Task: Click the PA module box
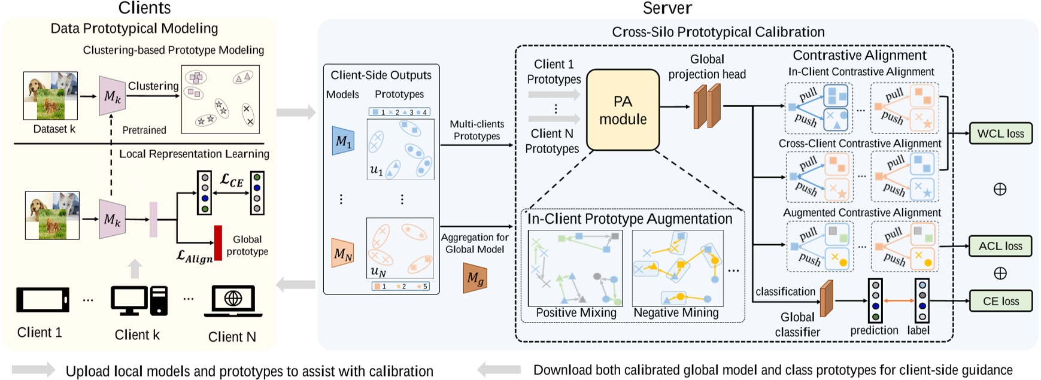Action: coord(623,110)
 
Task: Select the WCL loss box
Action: coord(1000,133)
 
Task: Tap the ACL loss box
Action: coord(1000,246)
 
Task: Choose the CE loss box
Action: coord(1000,301)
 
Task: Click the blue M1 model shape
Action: coord(343,141)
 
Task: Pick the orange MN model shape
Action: coord(342,254)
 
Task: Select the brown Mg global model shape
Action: coord(475,278)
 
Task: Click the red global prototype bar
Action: coord(218,242)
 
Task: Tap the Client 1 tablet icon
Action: coord(42,300)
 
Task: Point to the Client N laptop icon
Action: coord(233,301)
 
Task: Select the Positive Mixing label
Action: coord(576,312)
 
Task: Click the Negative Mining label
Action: coord(676,312)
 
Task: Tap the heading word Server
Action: coord(667,8)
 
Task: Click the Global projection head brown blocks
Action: coord(707,107)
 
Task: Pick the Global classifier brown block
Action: coord(826,298)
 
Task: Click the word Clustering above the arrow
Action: coord(153,86)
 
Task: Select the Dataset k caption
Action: coord(54,129)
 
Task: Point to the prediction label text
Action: coord(874,330)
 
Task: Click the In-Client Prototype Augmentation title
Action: coord(629,219)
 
